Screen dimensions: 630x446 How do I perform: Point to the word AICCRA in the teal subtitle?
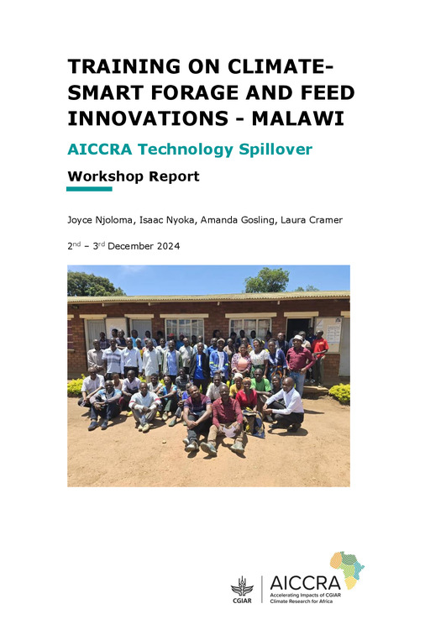click(102, 150)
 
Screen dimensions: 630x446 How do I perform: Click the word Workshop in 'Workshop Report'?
click(105, 177)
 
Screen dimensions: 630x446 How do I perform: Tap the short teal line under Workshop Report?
click(89, 189)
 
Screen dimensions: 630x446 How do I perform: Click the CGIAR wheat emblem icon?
click(242, 583)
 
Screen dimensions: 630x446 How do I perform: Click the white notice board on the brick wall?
click(330, 334)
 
